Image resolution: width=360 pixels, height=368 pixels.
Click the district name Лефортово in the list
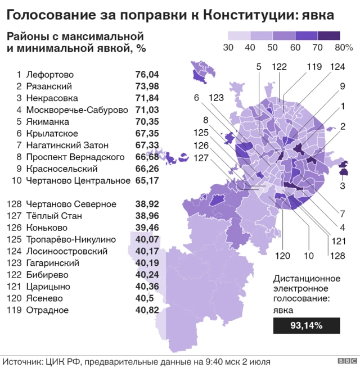coord(49,74)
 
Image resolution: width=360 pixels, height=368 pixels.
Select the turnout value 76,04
coord(147,74)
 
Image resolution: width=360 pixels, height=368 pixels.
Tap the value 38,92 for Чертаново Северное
coord(147,204)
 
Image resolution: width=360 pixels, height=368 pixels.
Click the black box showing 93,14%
coord(306,325)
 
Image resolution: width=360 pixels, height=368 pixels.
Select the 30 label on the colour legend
coord(228,48)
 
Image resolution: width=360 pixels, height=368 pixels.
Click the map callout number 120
coord(282,256)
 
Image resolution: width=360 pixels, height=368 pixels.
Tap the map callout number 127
coord(201,158)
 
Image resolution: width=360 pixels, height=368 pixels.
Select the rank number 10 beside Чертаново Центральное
coord(16,180)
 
